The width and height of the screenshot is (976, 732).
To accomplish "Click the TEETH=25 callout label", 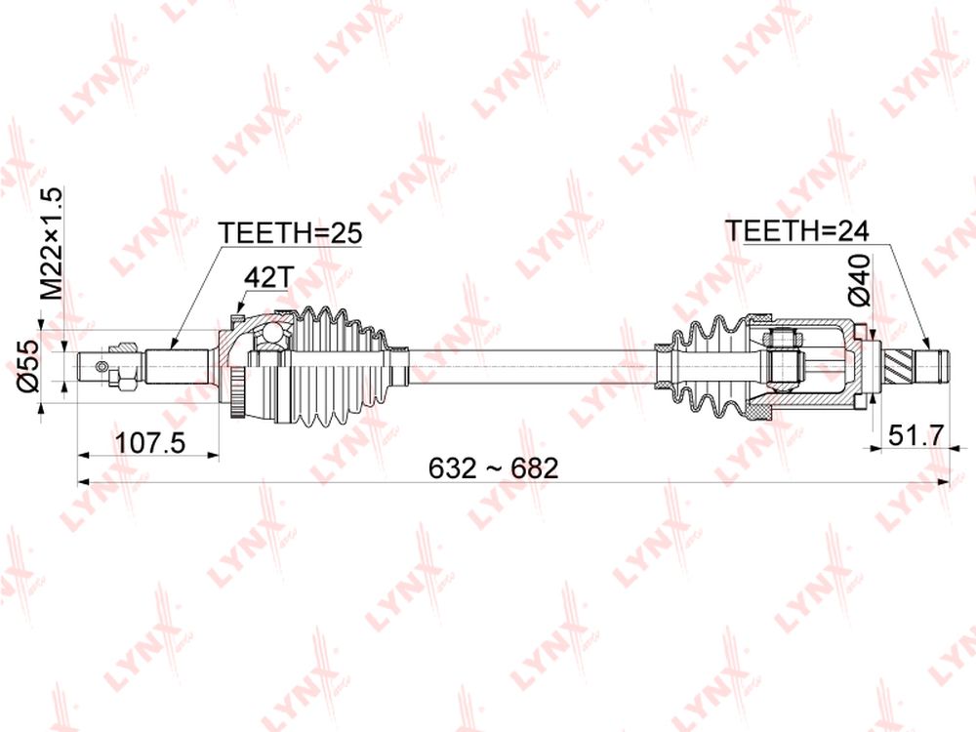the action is click(290, 233).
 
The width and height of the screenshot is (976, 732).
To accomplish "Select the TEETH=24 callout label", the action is click(797, 231).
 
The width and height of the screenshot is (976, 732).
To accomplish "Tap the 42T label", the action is click(267, 277).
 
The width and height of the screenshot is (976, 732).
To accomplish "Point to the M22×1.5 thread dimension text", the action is click(52, 243).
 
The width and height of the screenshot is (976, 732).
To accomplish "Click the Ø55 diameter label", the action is click(28, 366).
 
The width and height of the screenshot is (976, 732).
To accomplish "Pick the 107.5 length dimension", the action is click(151, 443).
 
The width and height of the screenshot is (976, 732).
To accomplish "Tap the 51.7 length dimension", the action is click(916, 435).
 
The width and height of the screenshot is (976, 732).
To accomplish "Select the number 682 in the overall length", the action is click(535, 468).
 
